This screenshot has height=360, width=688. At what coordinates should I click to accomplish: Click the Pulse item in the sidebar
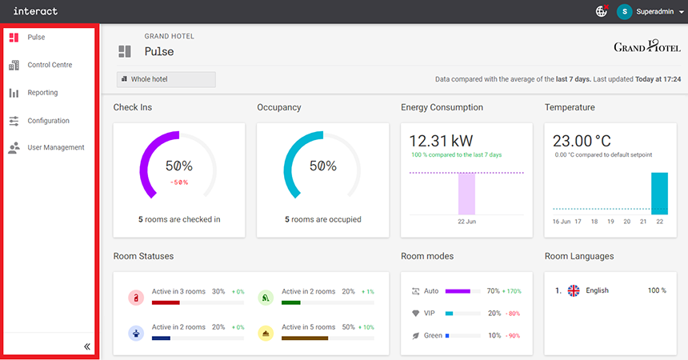pyautogui.click(x=36, y=38)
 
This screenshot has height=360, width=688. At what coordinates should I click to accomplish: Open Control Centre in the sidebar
pyautogui.click(x=50, y=65)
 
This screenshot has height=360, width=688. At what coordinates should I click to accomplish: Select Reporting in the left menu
pyautogui.click(x=42, y=93)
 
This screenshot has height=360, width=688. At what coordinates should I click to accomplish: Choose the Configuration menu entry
pyautogui.click(x=48, y=121)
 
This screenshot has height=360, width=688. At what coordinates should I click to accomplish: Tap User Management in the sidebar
pyautogui.click(x=55, y=147)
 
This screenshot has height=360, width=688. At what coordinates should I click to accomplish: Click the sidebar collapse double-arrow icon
pyautogui.click(x=87, y=346)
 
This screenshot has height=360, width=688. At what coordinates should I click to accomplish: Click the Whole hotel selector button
pyautogui.click(x=166, y=79)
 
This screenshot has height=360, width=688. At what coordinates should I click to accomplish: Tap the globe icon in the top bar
pyautogui.click(x=602, y=12)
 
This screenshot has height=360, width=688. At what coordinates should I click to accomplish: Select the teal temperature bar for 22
pyautogui.click(x=659, y=193)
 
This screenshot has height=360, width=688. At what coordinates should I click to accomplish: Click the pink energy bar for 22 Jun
pyautogui.click(x=466, y=194)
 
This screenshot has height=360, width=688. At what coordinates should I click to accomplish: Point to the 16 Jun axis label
pyautogui.click(x=562, y=221)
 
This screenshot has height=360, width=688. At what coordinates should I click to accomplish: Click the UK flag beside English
pyautogui.click(x=573, y=291)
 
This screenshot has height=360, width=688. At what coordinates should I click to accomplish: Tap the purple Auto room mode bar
pyautogui.click(x=458, y=291)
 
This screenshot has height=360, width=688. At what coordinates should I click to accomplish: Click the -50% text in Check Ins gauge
pyautogui.click(x=179, y=182)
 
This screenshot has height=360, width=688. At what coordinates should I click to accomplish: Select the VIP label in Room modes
pyautogui.click(x=430, y=314)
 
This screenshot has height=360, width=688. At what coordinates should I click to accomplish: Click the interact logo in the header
pyautogui.click(x=35, y=12)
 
